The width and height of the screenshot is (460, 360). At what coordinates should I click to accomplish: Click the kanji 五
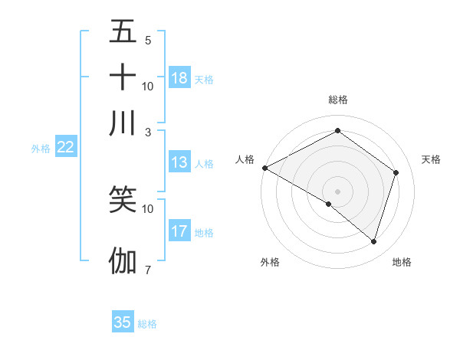click(123, 31)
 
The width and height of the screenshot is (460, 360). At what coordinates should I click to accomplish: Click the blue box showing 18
click(179, 77)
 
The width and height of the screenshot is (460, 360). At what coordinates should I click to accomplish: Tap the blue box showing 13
click(179, 162)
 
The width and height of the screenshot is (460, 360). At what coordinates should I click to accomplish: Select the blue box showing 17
click(179, 231)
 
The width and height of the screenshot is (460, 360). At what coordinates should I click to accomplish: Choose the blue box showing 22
click(65, 148)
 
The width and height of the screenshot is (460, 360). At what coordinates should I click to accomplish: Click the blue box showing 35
click(123, 322)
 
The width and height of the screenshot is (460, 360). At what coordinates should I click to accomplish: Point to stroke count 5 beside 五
click(147, 40)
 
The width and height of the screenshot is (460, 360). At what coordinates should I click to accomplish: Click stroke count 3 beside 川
click(147, 131)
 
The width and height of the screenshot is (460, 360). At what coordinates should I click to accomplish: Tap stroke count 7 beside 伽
click(147, 269)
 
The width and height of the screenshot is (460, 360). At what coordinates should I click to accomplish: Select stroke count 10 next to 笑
click(148, 208)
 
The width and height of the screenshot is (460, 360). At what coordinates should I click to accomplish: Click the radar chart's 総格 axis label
click(338, 100)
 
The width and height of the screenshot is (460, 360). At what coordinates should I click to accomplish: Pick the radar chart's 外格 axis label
click(270, 262)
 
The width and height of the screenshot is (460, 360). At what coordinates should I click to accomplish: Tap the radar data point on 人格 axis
click(264, 168)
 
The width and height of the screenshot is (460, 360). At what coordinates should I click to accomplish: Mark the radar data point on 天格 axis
click(396, 172)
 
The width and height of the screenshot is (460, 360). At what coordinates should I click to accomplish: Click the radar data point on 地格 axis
click(374, 241)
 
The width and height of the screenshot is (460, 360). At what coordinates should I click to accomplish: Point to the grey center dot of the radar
click(338, 191)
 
